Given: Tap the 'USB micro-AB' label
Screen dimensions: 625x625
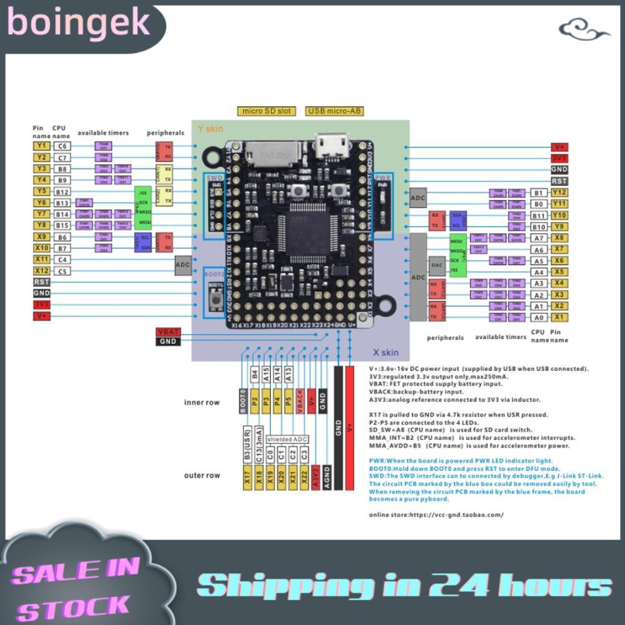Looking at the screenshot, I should [x=334, y=112].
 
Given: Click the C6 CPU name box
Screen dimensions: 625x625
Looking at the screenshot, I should [x=61, y=146].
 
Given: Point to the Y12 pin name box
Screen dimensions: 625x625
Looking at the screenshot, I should [x=559, y=192].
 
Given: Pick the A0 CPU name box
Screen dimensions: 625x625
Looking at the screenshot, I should [x=539, y=318].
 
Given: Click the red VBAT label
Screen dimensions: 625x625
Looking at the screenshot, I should [x=167, y=332].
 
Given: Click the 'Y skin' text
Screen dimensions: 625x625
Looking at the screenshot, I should [x=210, y=129].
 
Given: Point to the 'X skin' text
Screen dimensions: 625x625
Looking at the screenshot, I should [x=385, y=353].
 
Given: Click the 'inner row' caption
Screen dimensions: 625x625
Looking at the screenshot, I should [x=202, y=403].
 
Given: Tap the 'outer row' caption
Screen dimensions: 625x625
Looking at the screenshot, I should [x=202, y=476].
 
